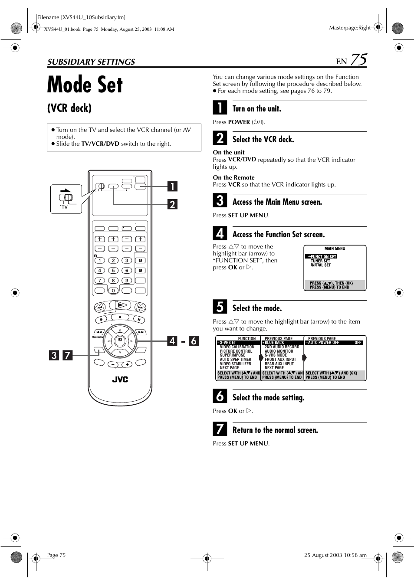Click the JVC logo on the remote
point(120,379)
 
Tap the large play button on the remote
point(120,306)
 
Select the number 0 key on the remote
point(113,291)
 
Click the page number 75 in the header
point(358,59)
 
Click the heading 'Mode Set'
point(85,85)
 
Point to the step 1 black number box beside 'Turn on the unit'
point(220,108)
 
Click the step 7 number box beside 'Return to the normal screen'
point(220,429)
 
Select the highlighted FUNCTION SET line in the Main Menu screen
point(322,256)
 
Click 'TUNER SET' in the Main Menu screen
point(320,261)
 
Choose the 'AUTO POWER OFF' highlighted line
point(324,343)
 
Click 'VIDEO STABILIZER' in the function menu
point(235,363)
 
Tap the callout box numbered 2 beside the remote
point(172,204)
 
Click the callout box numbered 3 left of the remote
point(53,355)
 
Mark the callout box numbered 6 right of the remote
point(194,341)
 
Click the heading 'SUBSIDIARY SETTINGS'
point(91,62)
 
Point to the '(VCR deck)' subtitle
point(69,108)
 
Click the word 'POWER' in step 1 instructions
point(239,122)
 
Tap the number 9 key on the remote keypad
point(127,280)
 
